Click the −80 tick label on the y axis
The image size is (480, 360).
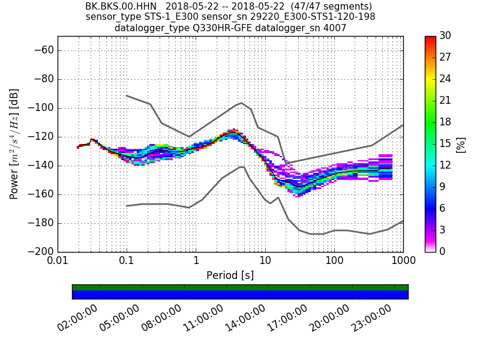point(42,79)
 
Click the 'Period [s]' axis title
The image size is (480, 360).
point(230,275)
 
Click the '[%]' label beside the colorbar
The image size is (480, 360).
point(461,144)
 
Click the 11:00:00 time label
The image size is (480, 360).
point(205,318)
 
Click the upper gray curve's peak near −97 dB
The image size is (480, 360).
point(241,103)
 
